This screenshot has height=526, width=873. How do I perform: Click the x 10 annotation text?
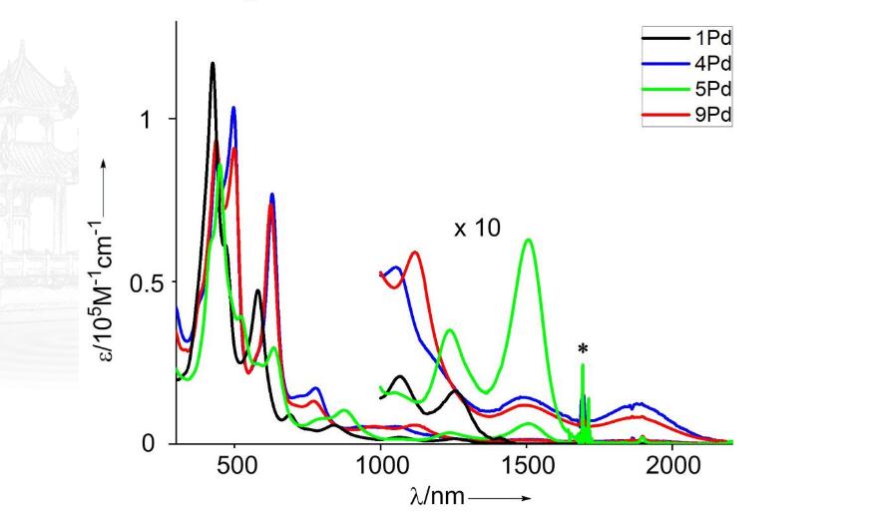click(477, 229)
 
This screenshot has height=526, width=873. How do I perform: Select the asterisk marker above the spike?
click(583, 349)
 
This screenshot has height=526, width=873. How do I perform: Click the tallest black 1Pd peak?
click(213, 64)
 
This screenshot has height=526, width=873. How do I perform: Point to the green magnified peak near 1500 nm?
click(528, 240)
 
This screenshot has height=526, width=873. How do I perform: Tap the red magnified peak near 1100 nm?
click(415, 253)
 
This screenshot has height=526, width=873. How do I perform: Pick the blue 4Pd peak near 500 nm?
click(233, 108)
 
